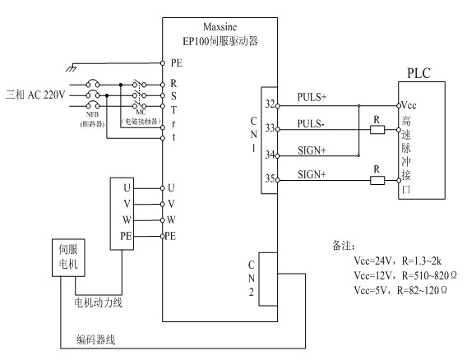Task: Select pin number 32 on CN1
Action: (270, 104)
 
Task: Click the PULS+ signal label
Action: (312, 98)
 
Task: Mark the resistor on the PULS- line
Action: (376, 129)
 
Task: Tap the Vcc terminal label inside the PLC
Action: (411, 105)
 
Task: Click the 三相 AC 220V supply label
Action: (35, 95)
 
